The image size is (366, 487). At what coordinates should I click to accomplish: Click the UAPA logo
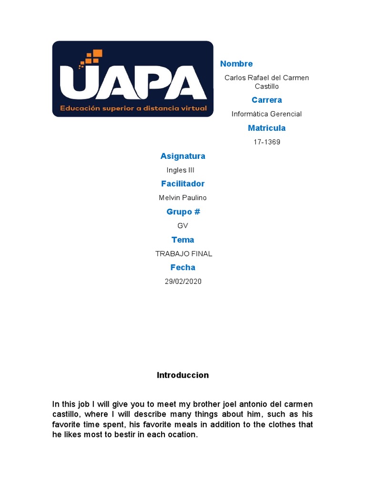(x=132, y=79)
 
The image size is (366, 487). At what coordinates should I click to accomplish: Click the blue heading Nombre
(x=236, y=64)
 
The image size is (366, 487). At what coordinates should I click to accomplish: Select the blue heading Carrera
(x=266, y=100)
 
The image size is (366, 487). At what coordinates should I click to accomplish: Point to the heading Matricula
(x=266, y=128)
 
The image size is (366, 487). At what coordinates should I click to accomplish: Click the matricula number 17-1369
(x=266, y=142)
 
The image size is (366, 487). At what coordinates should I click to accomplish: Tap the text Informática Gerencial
(x=266, y=114)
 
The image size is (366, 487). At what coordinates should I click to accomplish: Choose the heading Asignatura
(x=183, y=156)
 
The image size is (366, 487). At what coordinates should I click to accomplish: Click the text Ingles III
(x=180, y=170)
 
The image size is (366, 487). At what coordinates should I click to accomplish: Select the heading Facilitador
(x=183, y=184)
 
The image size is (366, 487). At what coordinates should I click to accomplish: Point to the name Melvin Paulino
(x=183, y=198)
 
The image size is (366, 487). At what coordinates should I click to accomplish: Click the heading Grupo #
(x=183, y=212)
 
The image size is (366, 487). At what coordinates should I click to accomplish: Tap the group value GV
(x=183, y=225)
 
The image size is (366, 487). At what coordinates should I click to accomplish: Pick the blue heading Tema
(x=183, y=240)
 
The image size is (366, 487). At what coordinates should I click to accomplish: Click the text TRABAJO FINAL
(x=183, y=253)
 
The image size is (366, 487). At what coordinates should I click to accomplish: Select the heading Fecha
(x=183, y=267)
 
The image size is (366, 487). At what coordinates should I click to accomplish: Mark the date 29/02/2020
(x=183, y=282)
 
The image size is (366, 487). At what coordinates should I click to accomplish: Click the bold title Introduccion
(x=183, y=375)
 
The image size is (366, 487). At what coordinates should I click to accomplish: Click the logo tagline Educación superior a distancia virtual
(x=133, y=108)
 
